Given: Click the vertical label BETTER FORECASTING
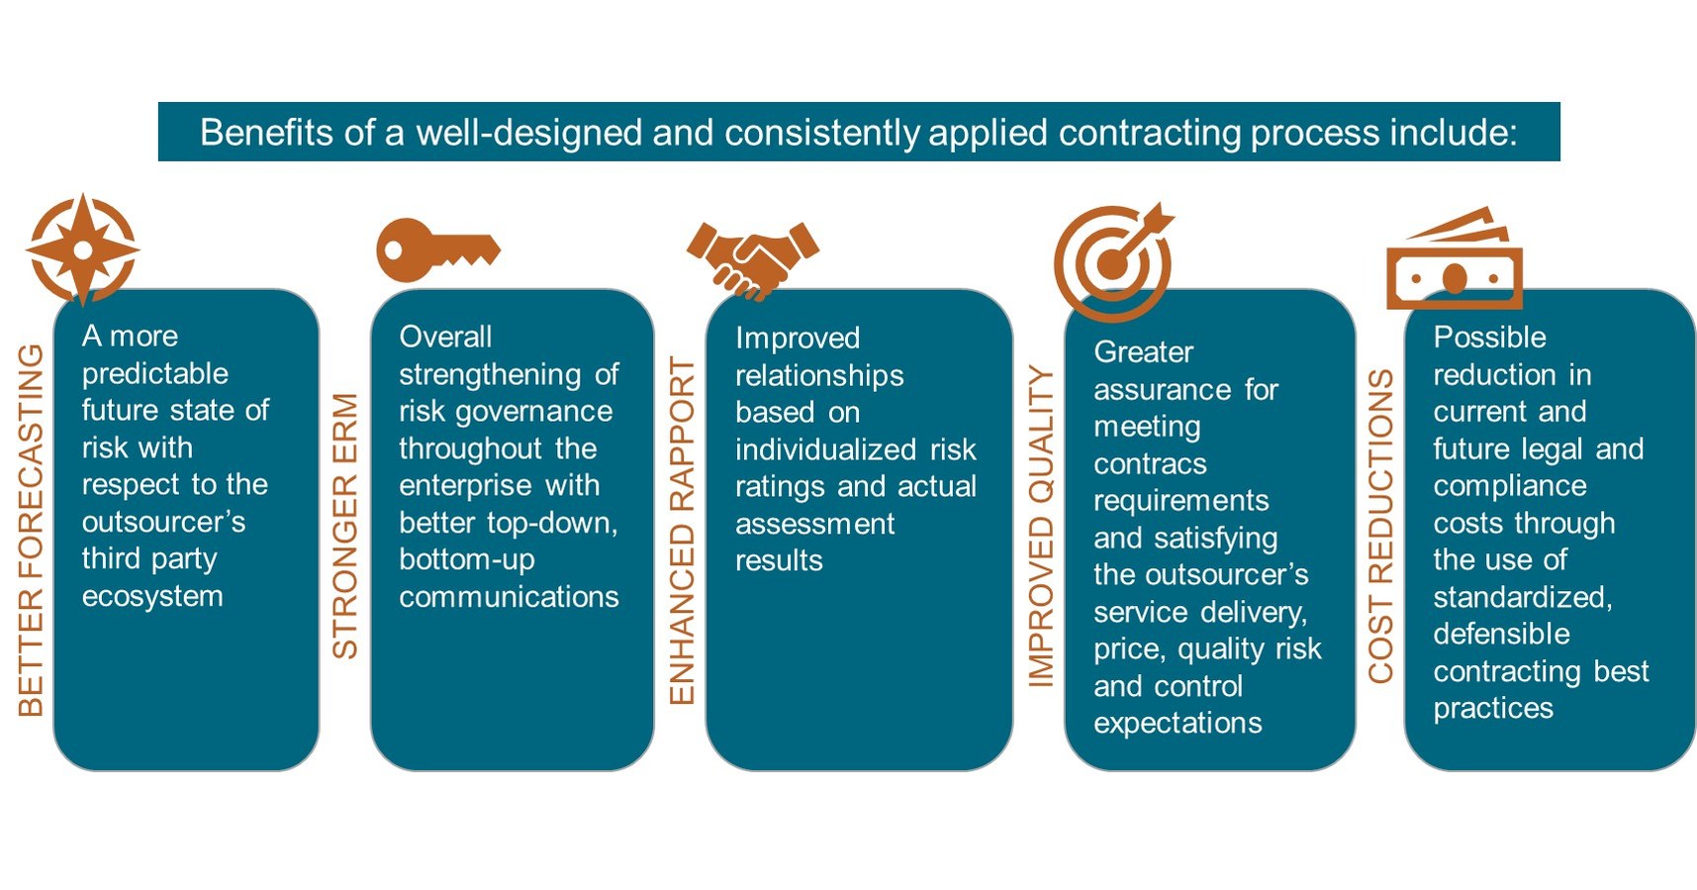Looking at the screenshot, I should coord(31,530).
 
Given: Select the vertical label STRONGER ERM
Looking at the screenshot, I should coord(344,526).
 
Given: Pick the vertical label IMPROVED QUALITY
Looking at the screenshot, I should coord(1041,526).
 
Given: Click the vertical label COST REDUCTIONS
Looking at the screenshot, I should coord(1380,526).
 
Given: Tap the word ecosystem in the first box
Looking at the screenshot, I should coord(152,596).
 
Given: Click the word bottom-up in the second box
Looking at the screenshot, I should coord(466,559).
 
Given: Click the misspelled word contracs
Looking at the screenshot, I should coord(1150,463).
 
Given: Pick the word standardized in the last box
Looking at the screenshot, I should coord(1522,597).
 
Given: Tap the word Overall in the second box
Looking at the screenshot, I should coord(444,337).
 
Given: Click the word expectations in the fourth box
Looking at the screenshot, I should coord(1178,724).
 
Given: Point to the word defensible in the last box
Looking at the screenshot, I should coord(1501,634).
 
